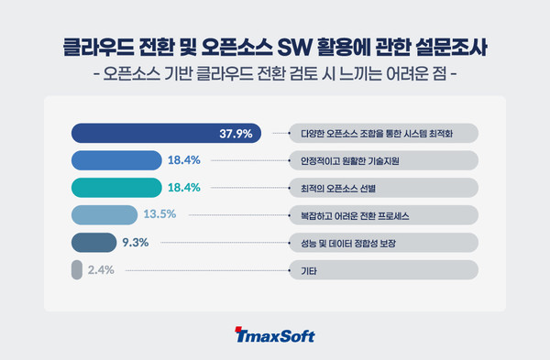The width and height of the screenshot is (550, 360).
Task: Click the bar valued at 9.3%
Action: [91, 244]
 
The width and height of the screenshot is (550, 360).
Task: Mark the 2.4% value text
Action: [102, 271]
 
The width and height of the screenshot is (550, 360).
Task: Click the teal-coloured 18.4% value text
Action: [184, 188]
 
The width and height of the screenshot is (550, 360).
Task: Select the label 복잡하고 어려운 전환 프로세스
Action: [349, 215]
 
